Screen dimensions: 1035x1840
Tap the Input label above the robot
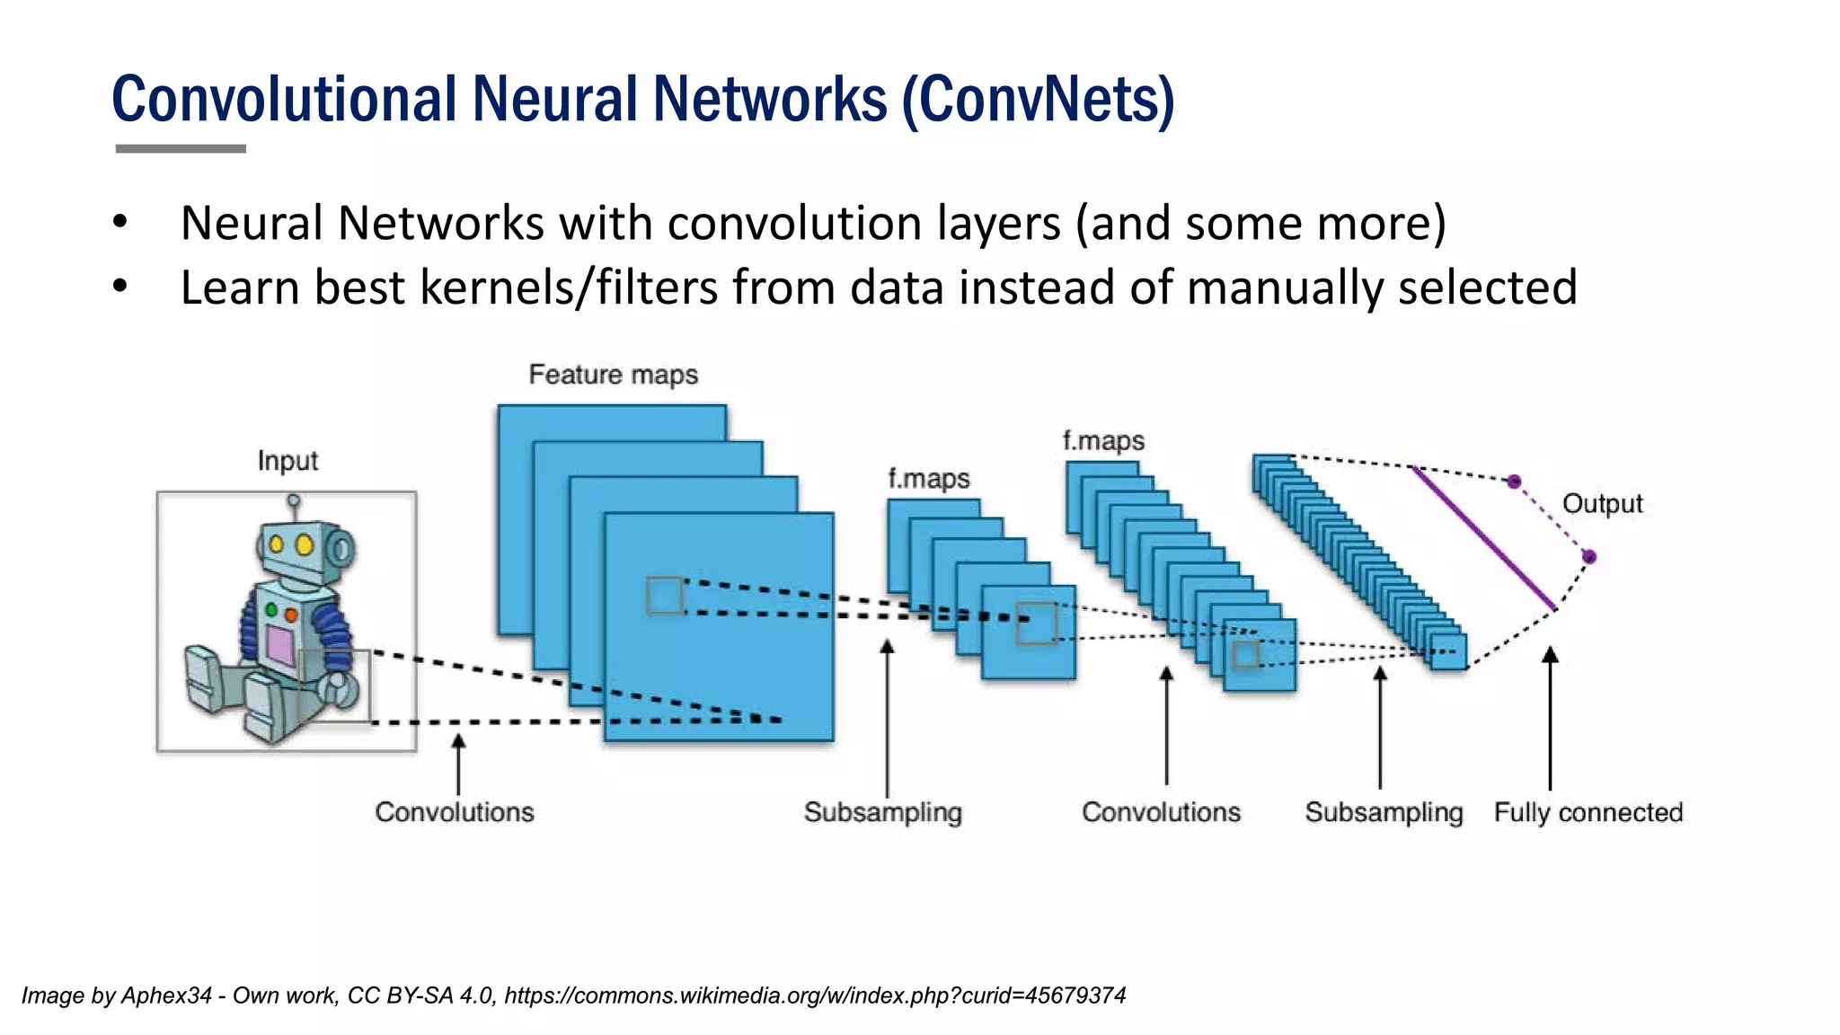287,461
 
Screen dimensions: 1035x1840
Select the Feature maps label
613,375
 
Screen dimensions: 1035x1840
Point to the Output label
1602,504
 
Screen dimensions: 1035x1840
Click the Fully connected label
1588,812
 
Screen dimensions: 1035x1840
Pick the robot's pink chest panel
280,644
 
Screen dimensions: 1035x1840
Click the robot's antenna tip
294,500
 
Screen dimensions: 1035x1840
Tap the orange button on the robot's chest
291,615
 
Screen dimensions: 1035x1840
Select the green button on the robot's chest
271,610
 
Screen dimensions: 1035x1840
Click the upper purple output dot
1514,482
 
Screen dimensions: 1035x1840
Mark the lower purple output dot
1588,557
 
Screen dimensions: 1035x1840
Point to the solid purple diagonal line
1484,538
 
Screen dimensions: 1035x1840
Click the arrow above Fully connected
1550,719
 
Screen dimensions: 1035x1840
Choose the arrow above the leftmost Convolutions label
458,764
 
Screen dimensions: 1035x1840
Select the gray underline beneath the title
181,148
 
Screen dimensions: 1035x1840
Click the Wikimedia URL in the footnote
815,995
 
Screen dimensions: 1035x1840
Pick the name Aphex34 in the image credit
166,995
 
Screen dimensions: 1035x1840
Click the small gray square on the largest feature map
665,595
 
